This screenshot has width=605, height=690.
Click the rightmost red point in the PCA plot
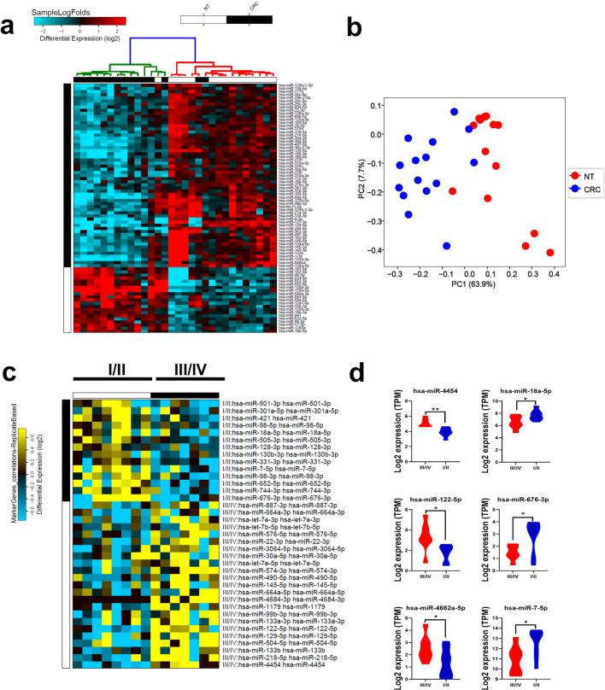click(x=549, y=252)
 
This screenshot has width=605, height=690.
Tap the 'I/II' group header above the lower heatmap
click(x=110, y=373)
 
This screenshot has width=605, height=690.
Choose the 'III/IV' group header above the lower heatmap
click(x=189, y=373)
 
